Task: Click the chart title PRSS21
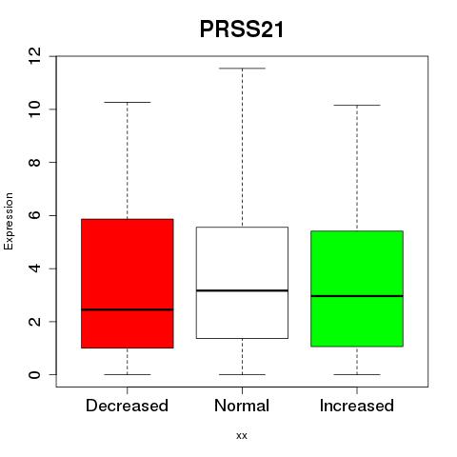coord(242,30)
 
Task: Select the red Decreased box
coord(128,284)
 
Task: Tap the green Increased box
coord(357,288)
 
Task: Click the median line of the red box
coord(128,309)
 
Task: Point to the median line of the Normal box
coord(242,290)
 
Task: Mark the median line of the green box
coord(357,296)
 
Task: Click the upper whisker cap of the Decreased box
coord(128,102)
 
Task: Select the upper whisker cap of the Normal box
coord(242,69)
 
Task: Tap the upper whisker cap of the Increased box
coord(357,105)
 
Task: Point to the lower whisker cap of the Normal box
coord(242,374)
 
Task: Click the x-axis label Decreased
coord(127,406)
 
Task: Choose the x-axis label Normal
coord(242,406)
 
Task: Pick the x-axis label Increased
coord(357,406)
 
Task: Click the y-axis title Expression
coord(9,221)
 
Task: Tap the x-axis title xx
coord(242,436)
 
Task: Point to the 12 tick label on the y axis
coord(34,56)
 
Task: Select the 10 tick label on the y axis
coord(34,109)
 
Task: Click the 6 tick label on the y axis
coord(34,215)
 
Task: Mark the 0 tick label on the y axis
coord(34,374)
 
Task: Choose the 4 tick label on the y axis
coord(34,268)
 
